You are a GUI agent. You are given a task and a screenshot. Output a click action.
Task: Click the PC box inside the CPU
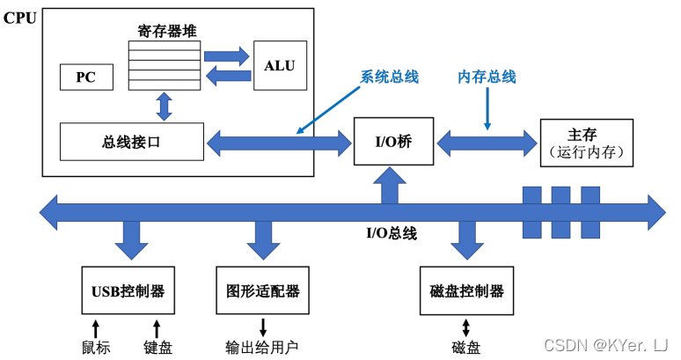pyautogui.click(x=85, y=77)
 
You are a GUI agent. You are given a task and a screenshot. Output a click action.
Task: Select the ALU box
pyautogui.click(x=280, y=65)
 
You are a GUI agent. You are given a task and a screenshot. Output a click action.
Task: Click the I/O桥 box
pyautogui.click(x=393, y=141)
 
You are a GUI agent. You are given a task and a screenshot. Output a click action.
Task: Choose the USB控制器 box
pyautogui.click(x=128, y=290)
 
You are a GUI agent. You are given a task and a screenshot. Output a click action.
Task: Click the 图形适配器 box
pyautogui.click(x=263, y=290)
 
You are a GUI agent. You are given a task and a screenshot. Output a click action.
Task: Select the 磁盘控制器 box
pyautogui.click(x=467, y=290)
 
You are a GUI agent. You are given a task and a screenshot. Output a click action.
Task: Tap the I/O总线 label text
pyautogui.click(x=391, y=233)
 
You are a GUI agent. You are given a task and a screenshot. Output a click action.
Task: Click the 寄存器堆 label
pyautogui.click(x=166, y=31)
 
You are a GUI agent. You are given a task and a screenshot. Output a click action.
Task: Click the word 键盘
pyautogui.click(x=158, y=347)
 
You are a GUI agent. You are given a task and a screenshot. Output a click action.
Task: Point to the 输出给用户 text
pyautogui.click(x=262, y=347)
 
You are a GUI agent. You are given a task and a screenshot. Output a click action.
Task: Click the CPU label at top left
pyautogui.click(x=20, y=17)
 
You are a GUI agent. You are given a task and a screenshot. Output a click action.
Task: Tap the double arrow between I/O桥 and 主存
pyautogui.click(x=487, y=141)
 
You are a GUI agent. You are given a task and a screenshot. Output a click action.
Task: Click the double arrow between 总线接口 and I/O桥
pyautogui.click(x=279, y=141)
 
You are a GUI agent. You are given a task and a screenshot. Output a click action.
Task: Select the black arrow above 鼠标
pyautogui.click(x=97, y=327)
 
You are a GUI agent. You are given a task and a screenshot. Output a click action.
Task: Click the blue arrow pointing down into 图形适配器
pyautogui.click(x=263, y=235)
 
